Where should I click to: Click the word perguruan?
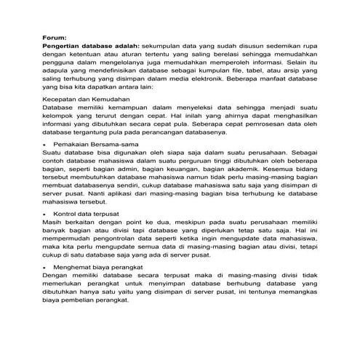196,163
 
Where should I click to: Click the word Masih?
52,225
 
